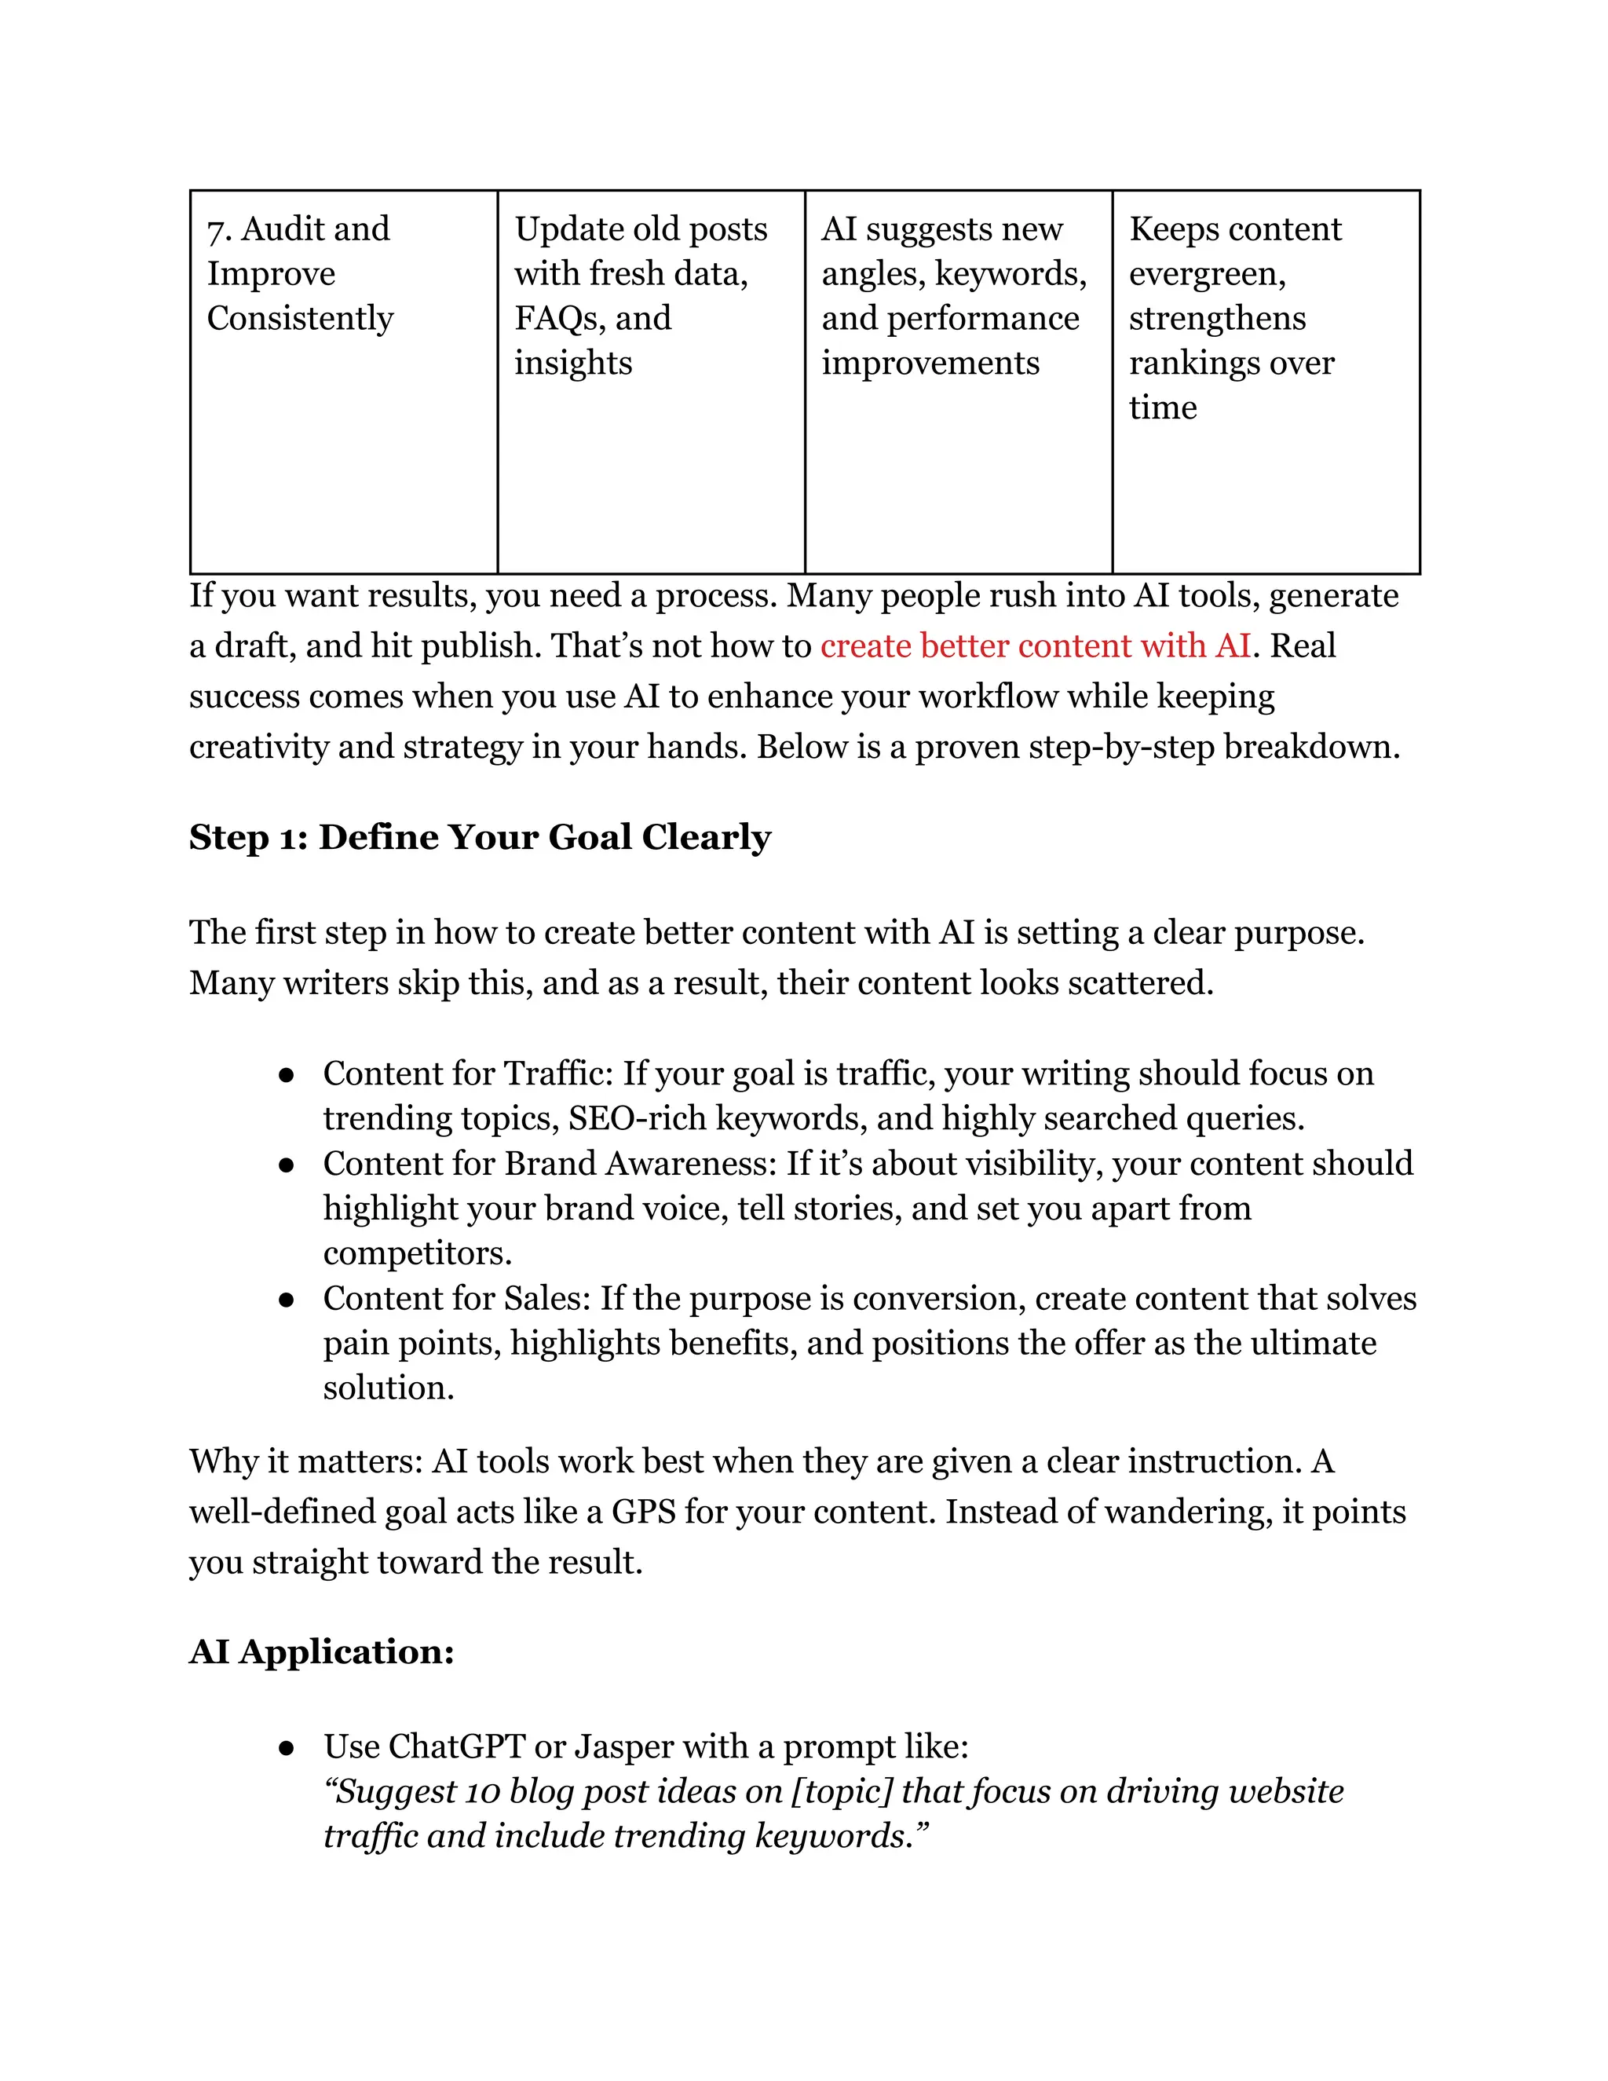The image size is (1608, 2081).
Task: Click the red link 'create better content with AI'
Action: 1036,646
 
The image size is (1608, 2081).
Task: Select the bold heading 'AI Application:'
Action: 322,1651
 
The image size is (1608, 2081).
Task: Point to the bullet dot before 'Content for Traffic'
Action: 286,1076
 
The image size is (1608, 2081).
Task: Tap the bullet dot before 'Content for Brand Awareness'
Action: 286,1165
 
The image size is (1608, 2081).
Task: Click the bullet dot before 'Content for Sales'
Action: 286,1300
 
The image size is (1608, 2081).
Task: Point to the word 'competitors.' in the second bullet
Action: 417,1253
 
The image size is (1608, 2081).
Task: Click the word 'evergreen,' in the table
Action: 1207,273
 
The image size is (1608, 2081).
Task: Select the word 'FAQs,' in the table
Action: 559,318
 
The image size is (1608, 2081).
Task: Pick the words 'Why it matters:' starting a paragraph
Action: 305,1461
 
